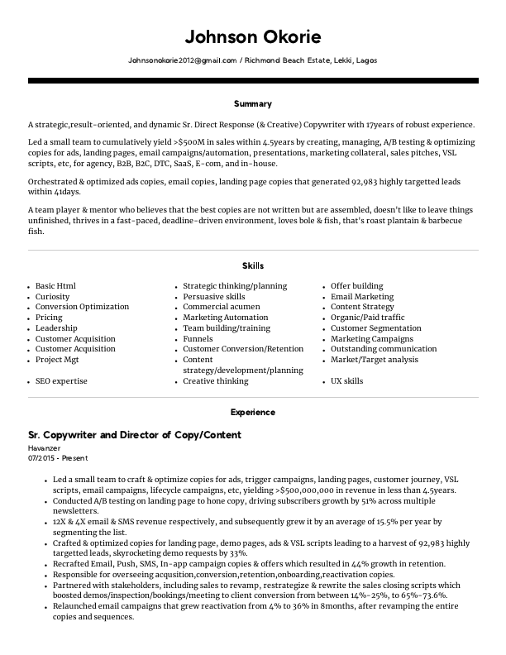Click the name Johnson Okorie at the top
pyautogui.click(x=252, y=37)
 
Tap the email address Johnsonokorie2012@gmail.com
pyautogui.click(x=182, y=61)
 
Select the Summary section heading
pyautogui.click(x=252, y=104)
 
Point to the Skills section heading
pyautogui.click(x=252, y=265)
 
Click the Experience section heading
pyautogui.click(x=252, y=412)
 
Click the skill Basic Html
pyautogui.click(x=55, y=286)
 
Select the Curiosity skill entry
pyautogui.click(x=53, y=297)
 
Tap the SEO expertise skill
pyautogui.click(x=61, y=381)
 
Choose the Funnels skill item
pyautogui.click(x=198, y=339)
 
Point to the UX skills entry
pyautogui.click(x=346, y=381)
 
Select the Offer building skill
pyautogui.click(x=356, y=286)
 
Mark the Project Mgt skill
pyautogui.click(x=57, y=361)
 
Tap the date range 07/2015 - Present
pyautogui.click(x=58, y=457)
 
